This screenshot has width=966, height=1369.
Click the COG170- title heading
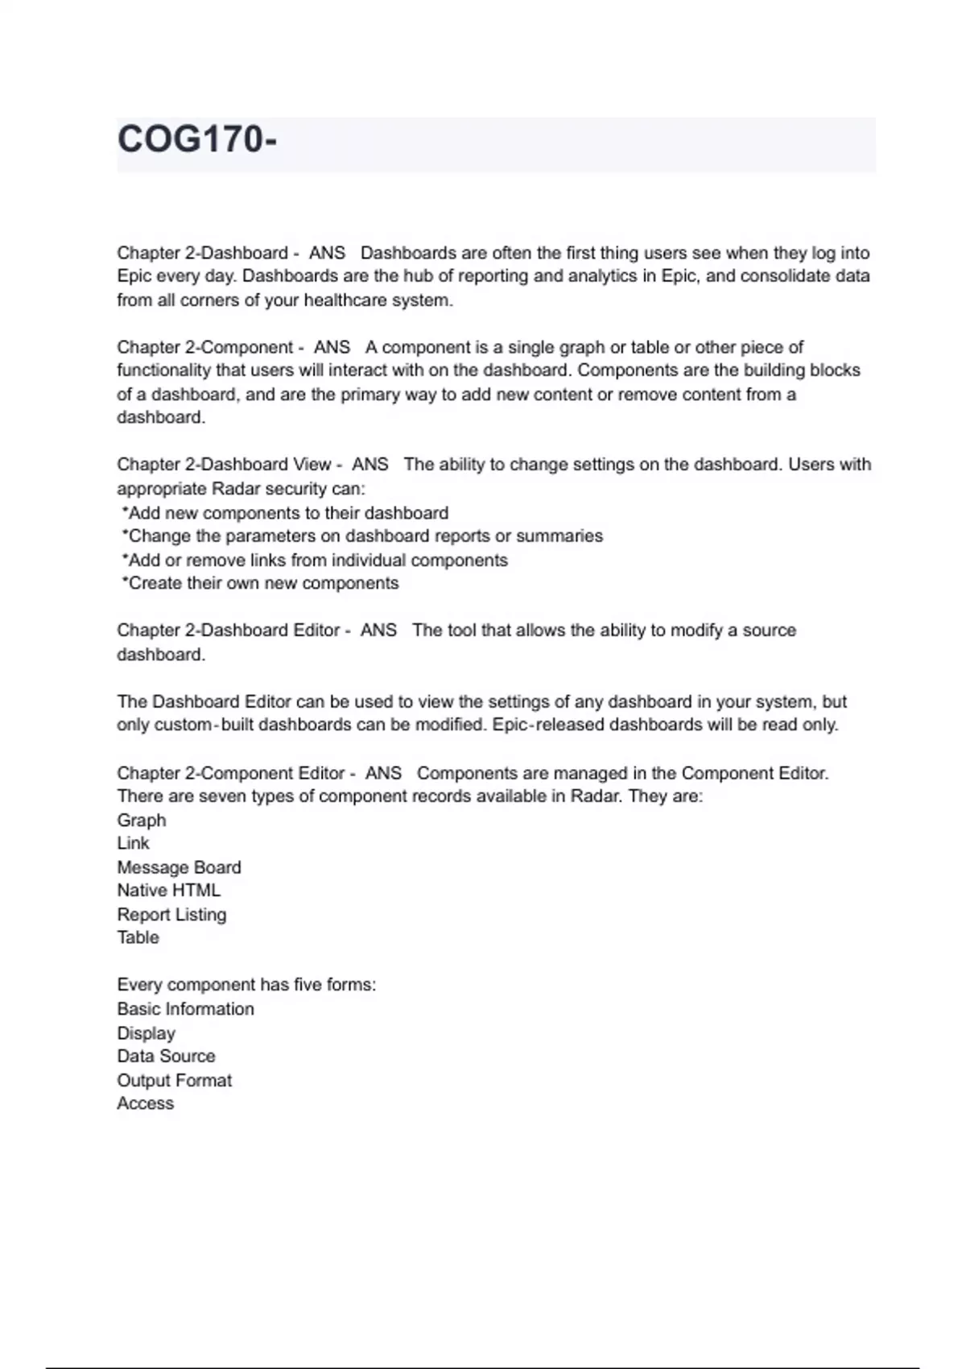pyautogui.click(x=197, y=139)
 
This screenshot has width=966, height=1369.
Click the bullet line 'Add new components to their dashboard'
pyautogui.click(x=287, y=513)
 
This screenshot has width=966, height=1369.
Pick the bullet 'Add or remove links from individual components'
pyautogui.click(x=317, y=560)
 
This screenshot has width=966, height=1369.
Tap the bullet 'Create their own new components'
pyautogui.click(x=262, y=583)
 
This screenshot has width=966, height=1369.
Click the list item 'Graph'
pyautogui.click(x=142, y=821)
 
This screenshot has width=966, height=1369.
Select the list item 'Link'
pyautogui.click(x=134, y=843)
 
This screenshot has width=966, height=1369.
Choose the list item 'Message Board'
pyautogui.click(x=179, y=867)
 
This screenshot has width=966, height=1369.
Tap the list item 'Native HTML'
pyautogui.click(x=168, y=891)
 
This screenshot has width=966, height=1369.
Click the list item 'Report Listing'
pyautogui.click(x=171, y=915)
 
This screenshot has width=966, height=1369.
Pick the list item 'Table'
pyautogui.click(x=138, y=937)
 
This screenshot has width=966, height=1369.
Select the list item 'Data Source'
pyautogui.click(x=166, y=1057)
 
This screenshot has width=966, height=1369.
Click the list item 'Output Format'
pyautogui.click(x=174, y=1081)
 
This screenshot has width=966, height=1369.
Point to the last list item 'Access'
pyautogui.click(x=146, y=1103)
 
